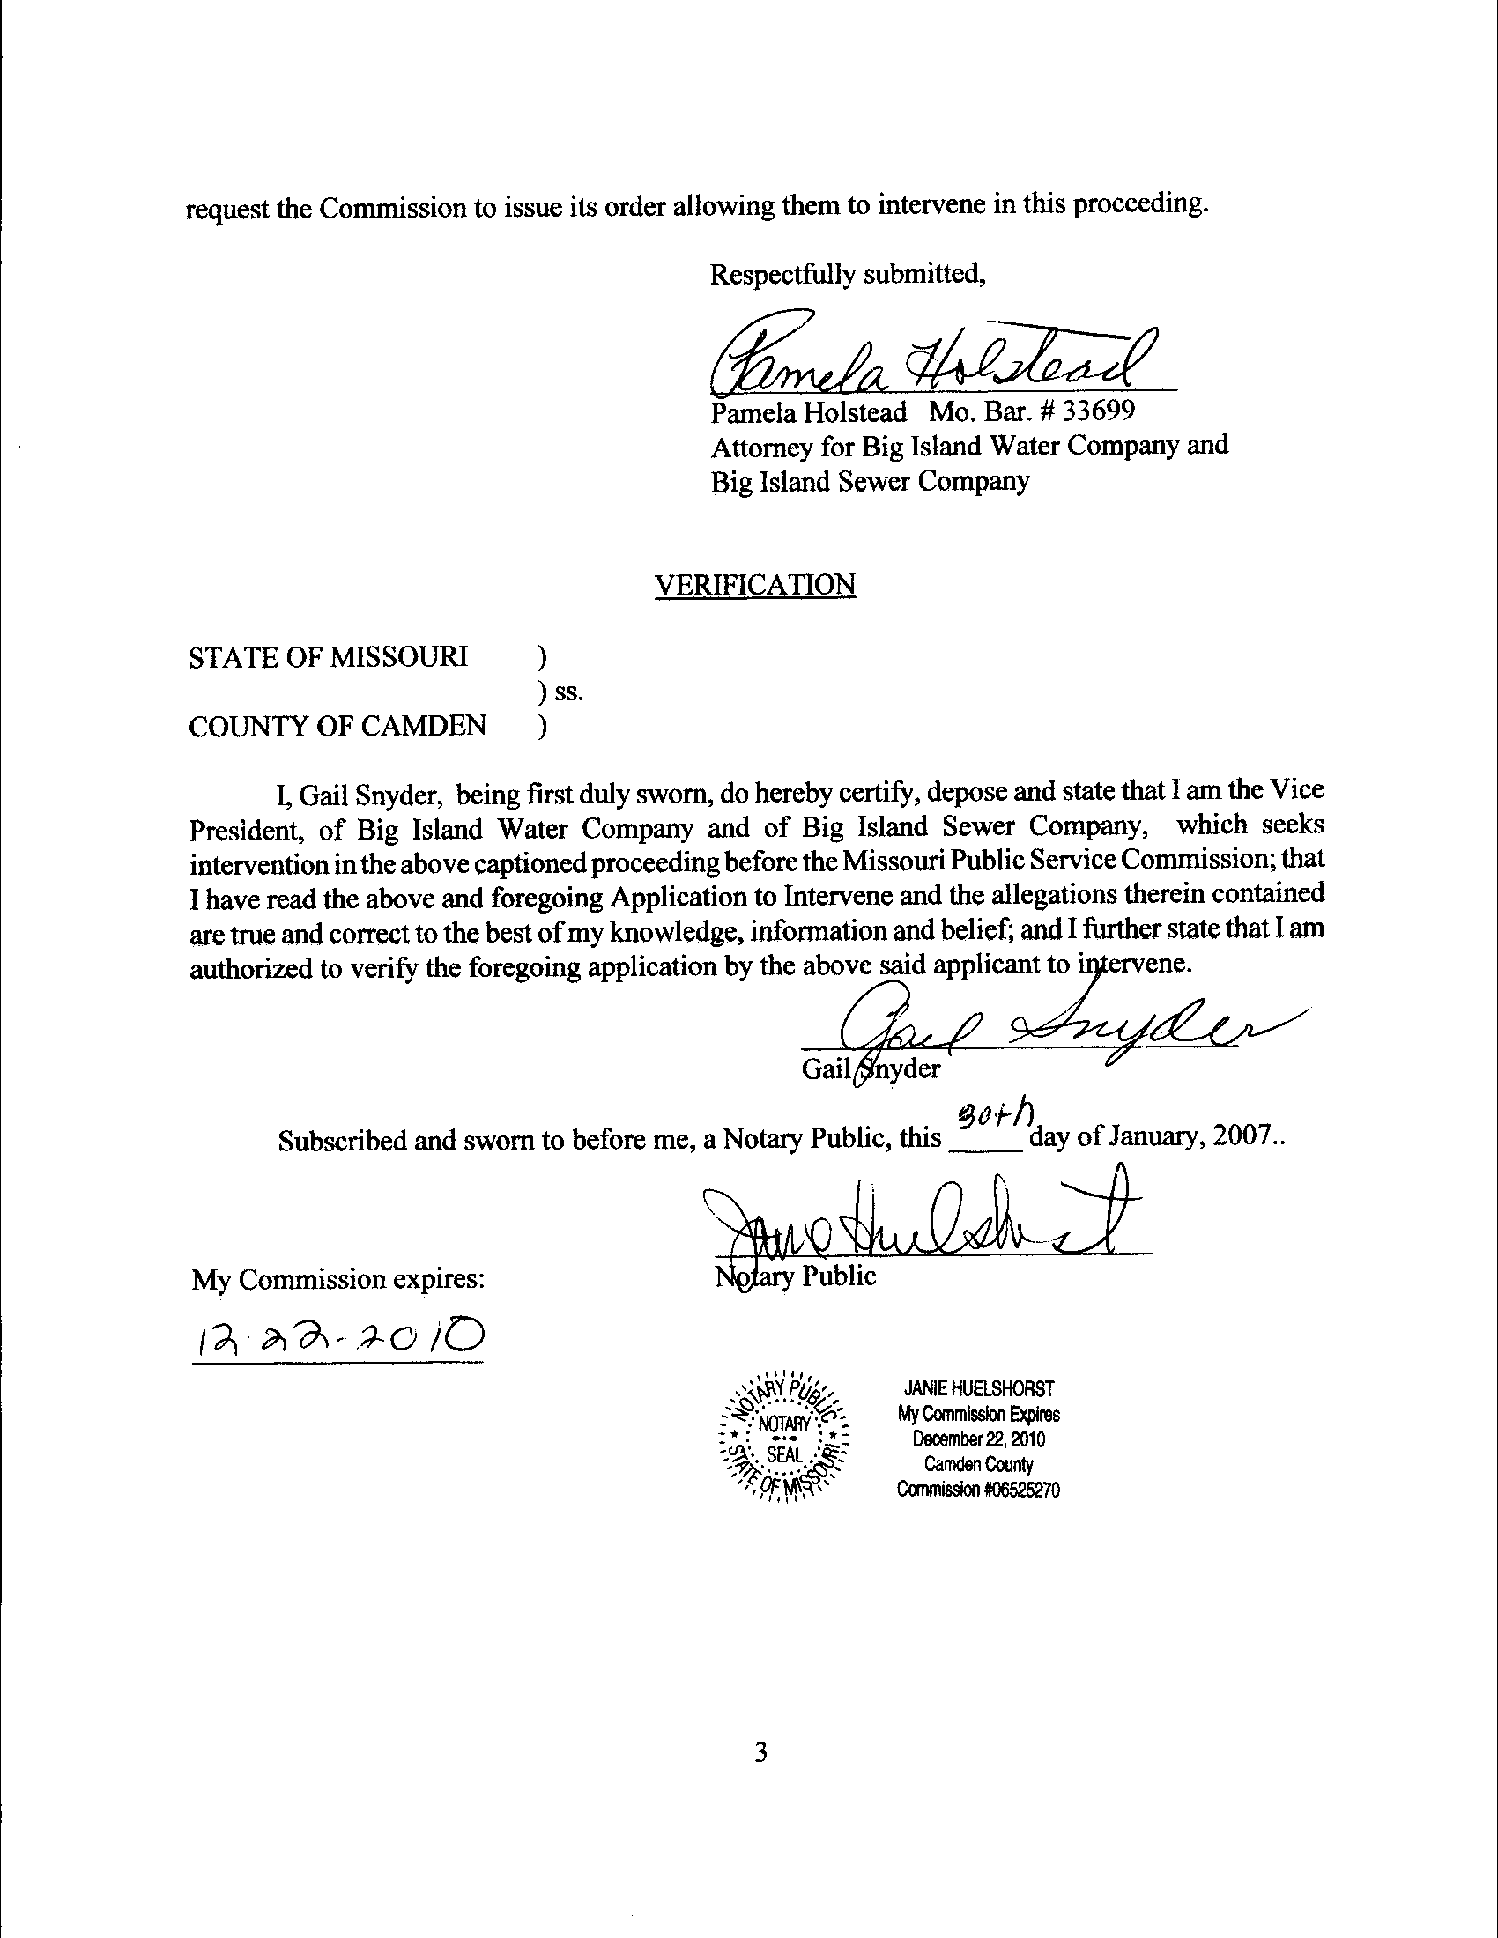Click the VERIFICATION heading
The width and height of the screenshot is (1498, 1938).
tap(754, 585)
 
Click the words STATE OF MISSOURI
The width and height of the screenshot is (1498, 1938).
tap(328, 657)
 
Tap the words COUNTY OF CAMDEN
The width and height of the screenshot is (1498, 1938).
tap(337, 726)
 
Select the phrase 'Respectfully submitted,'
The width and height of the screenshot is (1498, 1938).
tap(848, 275)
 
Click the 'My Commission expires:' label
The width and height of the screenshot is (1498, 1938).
tap(338, 1279)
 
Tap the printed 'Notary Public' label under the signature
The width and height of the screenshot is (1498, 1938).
tap(796, 1277)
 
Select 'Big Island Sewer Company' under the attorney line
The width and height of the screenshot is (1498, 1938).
tap(870, 482)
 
